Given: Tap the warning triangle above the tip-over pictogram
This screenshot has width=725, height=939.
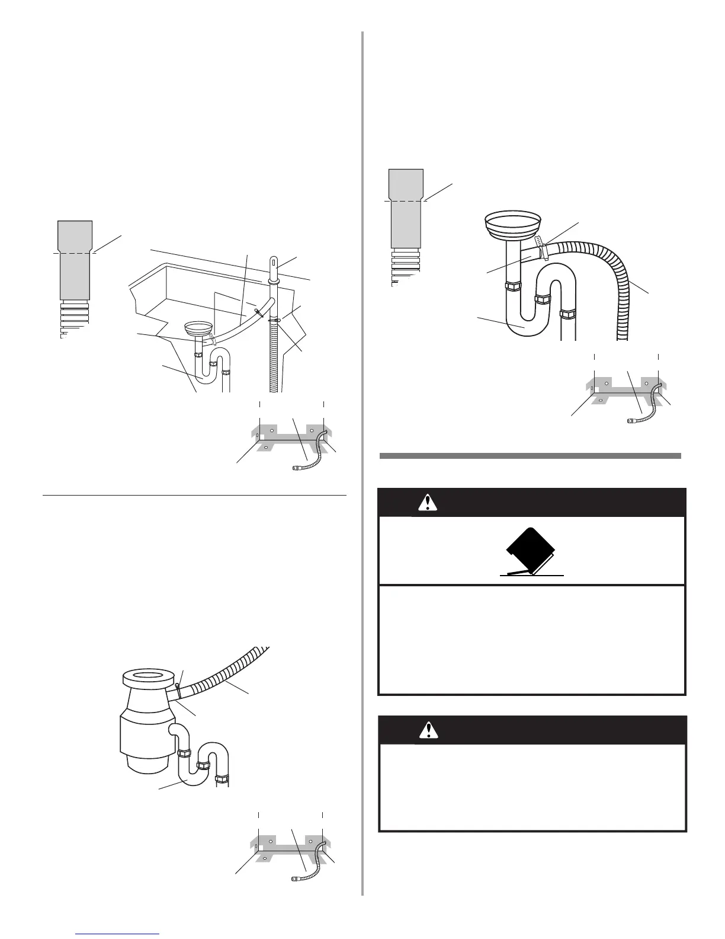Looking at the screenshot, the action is coord(426,503).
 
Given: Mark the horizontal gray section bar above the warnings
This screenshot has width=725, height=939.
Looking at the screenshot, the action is coord(530,456).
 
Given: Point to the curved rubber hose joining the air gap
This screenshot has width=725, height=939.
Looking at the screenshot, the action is coord(243,320).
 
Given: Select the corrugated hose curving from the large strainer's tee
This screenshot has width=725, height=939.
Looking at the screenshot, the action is coord(616,279).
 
